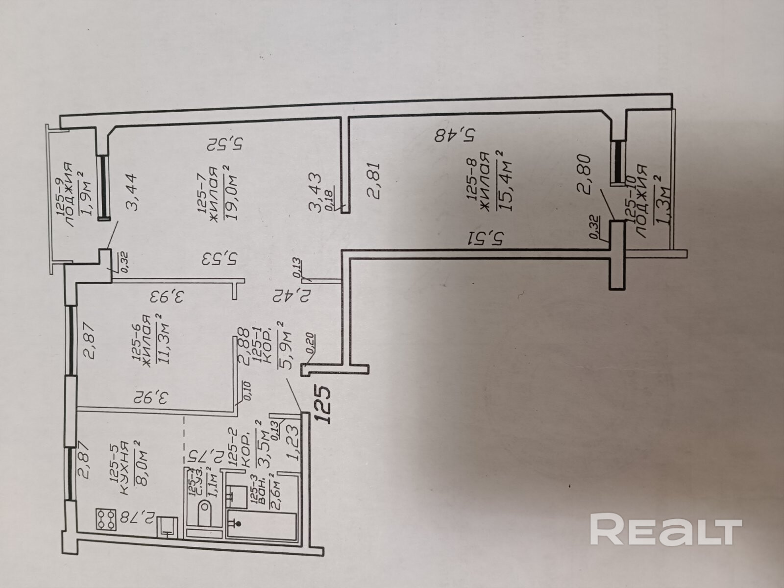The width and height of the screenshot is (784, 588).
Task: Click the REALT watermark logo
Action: (x=665, y=529)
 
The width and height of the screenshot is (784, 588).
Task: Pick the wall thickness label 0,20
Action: (x=311, y=341)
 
